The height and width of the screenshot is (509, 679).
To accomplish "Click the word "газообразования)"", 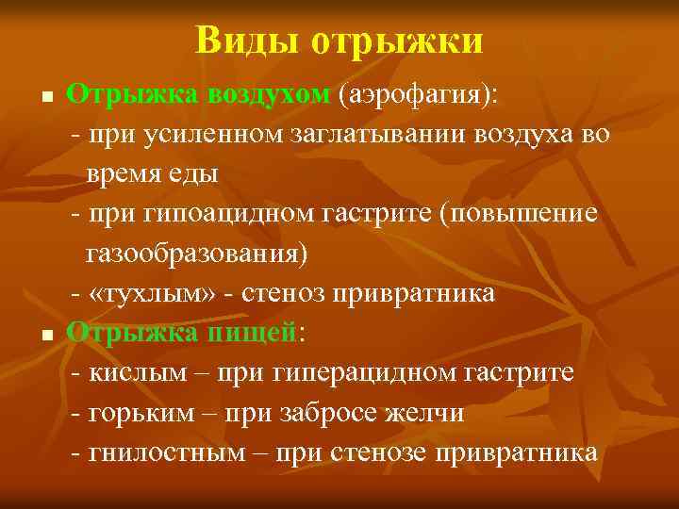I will (197, 254).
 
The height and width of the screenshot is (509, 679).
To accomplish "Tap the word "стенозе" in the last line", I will (379, 452).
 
